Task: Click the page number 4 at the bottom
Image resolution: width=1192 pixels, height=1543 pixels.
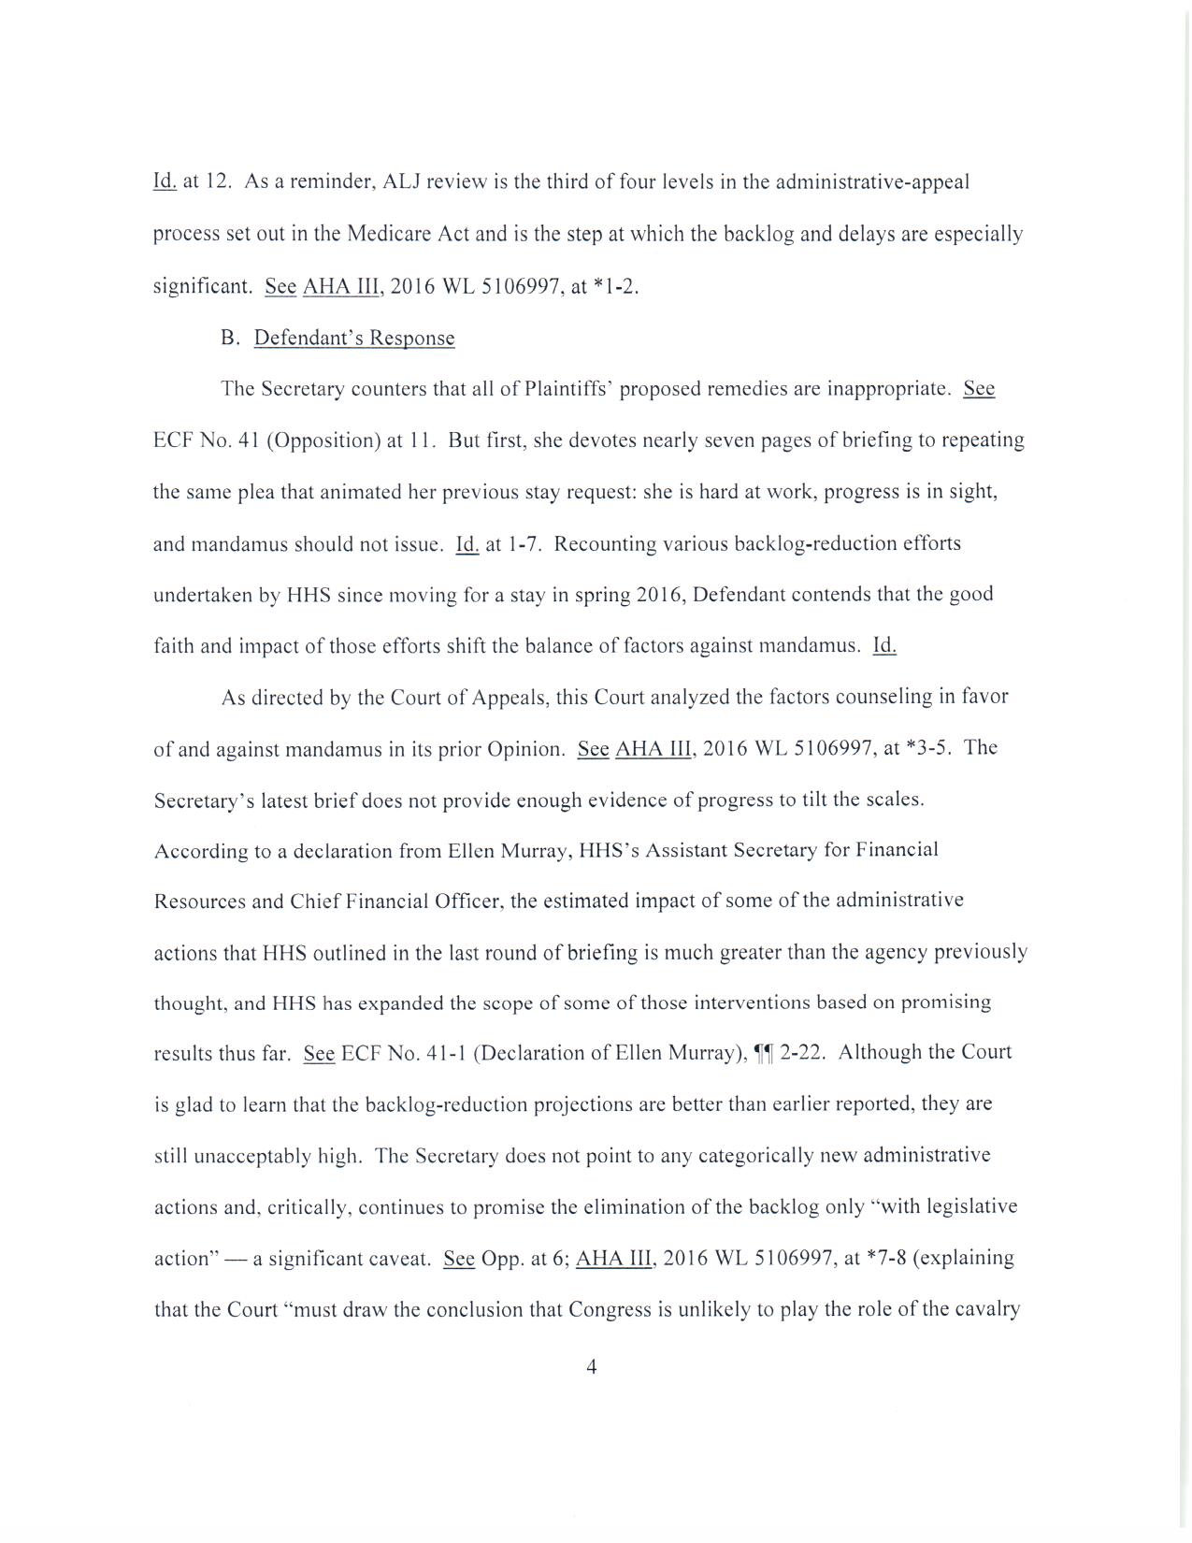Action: click(x=591, y=1367)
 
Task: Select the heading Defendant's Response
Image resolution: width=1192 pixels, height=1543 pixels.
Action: click(x=354, y=338)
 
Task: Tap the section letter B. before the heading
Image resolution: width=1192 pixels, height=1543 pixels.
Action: click(x=231, y=338)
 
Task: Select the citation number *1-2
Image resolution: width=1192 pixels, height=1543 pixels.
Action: click(x=616, y=286)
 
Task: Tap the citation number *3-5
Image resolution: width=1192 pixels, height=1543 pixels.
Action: click(x=923, y=748)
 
